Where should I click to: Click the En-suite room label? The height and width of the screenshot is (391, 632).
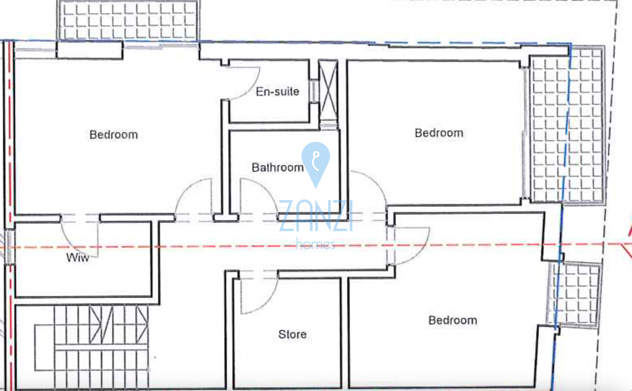tap(277, 92)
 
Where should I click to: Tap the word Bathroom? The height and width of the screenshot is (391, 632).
tap(278, 168)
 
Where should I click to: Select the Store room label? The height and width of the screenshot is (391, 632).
tap(292, 334)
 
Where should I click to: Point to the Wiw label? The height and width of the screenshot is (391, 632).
tap(78, 258)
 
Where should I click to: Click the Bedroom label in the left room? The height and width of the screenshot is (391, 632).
tap(114, 134)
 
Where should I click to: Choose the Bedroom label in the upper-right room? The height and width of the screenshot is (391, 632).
tap(439, 133)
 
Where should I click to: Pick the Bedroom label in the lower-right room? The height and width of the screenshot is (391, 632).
tap(453, 320)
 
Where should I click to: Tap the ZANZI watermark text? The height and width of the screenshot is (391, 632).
tap(316, 216)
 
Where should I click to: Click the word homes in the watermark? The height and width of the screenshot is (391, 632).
tap(316, 244)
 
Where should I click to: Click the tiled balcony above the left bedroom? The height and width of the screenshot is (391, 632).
tap(129, 21)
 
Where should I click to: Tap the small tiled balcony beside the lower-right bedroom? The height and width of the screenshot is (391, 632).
tap(574, 295)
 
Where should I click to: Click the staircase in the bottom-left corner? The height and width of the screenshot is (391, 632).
tap(92, 347)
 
